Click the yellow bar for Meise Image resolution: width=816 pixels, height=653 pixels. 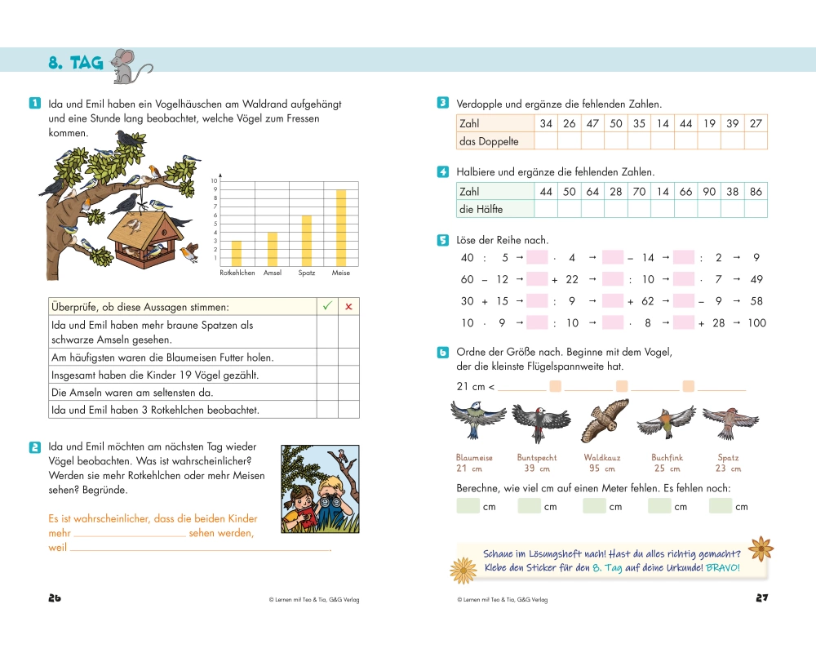click(341, 228)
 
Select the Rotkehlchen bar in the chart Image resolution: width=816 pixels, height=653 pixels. click(237, 254)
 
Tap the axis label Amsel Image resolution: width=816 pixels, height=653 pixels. click(273, 273)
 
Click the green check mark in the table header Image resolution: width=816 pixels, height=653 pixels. click(327, 306)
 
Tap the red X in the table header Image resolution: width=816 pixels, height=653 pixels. click(348, 307)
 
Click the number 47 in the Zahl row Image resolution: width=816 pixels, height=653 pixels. click(592, 123)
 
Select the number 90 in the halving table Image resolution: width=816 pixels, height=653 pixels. click(709, 192)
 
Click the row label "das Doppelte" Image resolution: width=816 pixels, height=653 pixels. click(489, 141)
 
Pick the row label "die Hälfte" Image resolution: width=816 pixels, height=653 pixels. click(481, 209)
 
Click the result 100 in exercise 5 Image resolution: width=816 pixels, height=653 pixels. click(756, 323)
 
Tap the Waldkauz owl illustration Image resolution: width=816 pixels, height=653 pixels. click(604, 421)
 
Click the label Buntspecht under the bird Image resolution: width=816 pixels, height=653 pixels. click(537, 458)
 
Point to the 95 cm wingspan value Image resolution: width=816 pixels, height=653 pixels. click(602, 469)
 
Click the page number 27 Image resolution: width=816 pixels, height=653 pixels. click(762, 597)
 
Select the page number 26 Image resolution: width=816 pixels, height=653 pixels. click(55, 597)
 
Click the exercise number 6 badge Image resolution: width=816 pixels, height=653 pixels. click(443, 353)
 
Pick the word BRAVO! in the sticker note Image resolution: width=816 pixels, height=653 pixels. click(723, 567)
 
